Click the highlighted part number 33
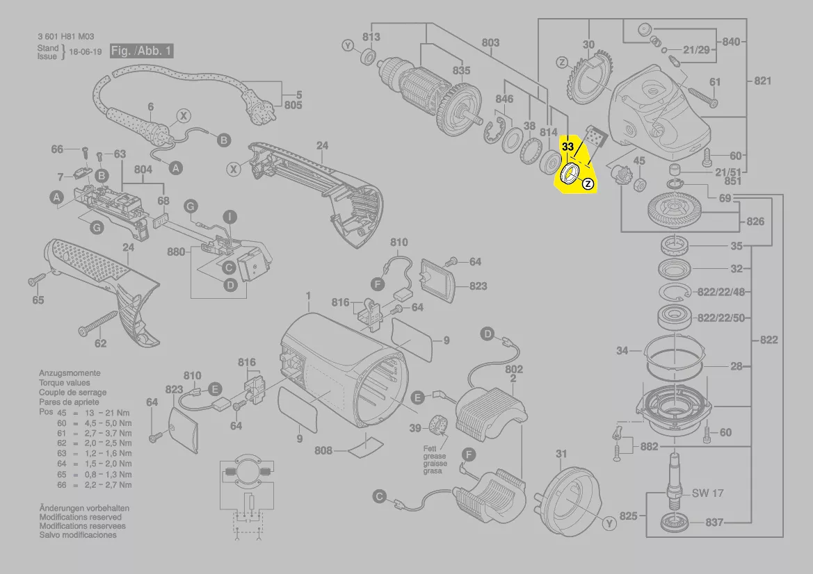click(568, 147)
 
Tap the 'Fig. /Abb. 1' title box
click(142, 51)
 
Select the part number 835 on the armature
click(461, 70)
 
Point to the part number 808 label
click(323, 450)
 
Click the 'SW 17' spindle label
click(707, 493)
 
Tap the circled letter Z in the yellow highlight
click(588, 184)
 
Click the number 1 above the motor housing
click(307, 296)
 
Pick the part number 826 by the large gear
click(755, 222)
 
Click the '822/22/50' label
click(721, 318)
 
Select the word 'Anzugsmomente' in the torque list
click(70, 373)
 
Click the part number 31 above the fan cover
click(561, 454)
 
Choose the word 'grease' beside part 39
click(435, 456)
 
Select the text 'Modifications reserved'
click(80, 517)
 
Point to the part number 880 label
click(177, 252)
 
